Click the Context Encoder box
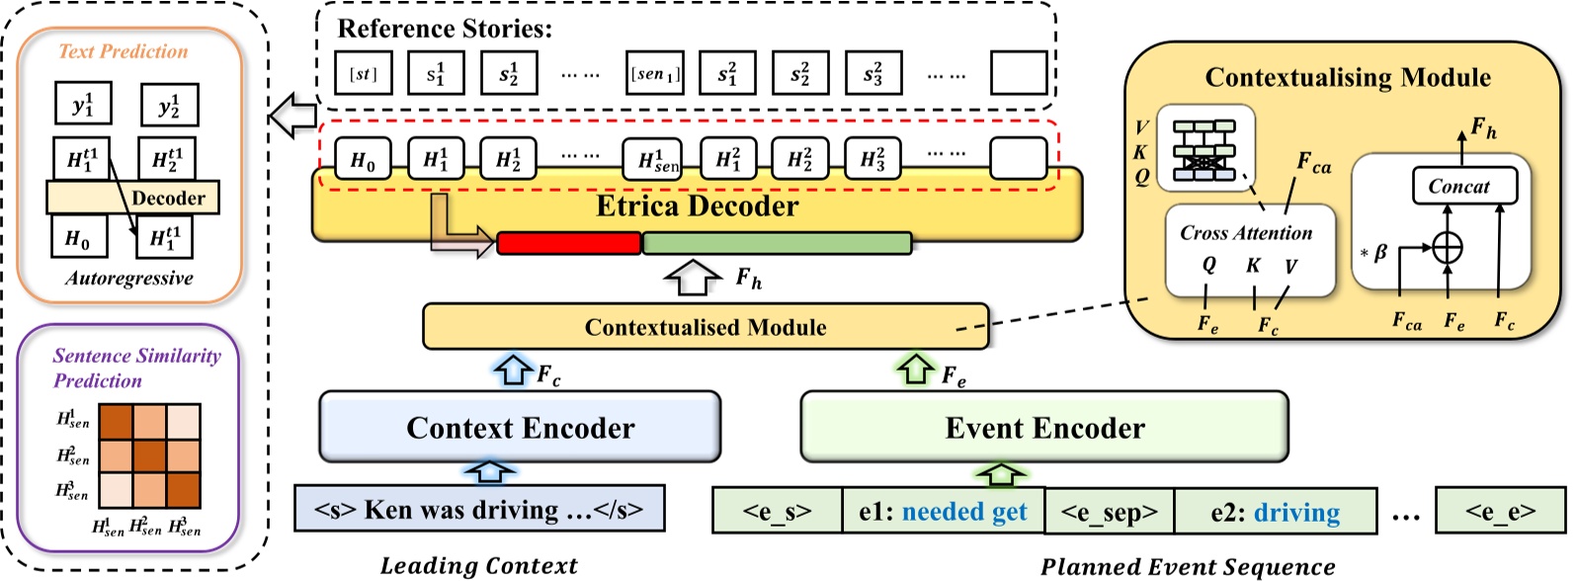(x=520, y=427)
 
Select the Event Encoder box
(x=1043, y=427)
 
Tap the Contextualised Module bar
(x=705, y=327)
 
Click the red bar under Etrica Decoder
(x=568, y=243)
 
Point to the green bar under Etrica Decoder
(x=777, y=243)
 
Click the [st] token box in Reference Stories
(x=364, y=74)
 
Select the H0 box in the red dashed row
(x=363, y=159)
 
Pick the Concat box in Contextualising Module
(x=1463, y=186)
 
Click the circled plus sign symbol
(x=1447, y=247)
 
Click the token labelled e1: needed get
(x=943, y=511)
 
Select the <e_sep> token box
(x=1110, y=511)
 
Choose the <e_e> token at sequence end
(x=1500, y=511)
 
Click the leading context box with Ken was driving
(x=479, y=510)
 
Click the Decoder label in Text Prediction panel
(x=168, y=198)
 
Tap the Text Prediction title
(x=123, y=51)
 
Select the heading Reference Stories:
(x=445, y=28)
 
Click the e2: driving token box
(x=1275, y=511)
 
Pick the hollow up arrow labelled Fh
(x=693, y=278)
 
